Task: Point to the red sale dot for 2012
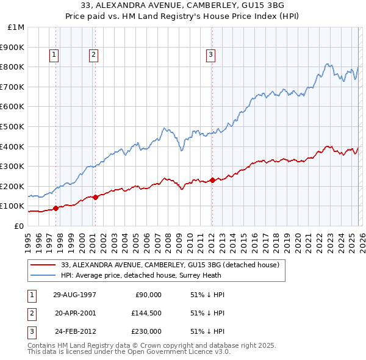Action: (x=212, y=180)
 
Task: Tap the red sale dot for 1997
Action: (x=56, y=208)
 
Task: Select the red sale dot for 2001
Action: (x=95, y=197)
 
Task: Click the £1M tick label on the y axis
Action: (x=16, y=27)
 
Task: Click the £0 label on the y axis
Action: (x=18, y=226)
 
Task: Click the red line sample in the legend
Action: (x=43, y=265)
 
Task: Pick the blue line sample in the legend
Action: (x=43, y=275)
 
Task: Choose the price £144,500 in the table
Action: (x=146, y=313)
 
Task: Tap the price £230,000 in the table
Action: (x=146, y=331)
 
